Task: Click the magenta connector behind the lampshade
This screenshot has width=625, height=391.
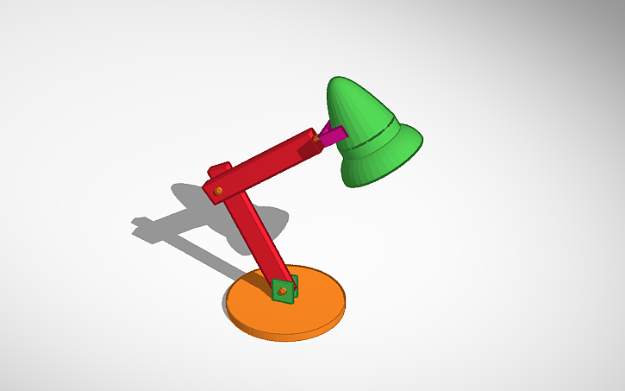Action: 333,136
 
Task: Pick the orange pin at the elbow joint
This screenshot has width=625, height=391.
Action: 219,190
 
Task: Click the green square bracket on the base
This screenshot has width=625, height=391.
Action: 283,290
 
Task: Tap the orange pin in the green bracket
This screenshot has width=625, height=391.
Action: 283,291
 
